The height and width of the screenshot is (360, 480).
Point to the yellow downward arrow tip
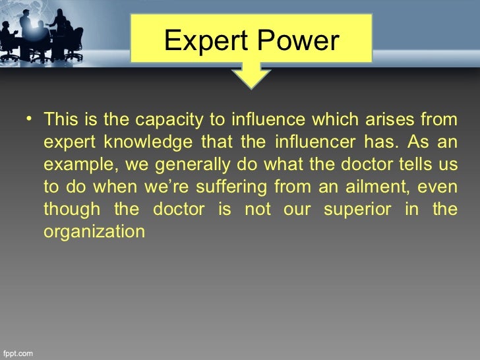251,84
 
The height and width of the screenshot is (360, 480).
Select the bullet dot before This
30,120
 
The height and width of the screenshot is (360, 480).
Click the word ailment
373,187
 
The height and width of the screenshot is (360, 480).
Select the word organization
94,232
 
